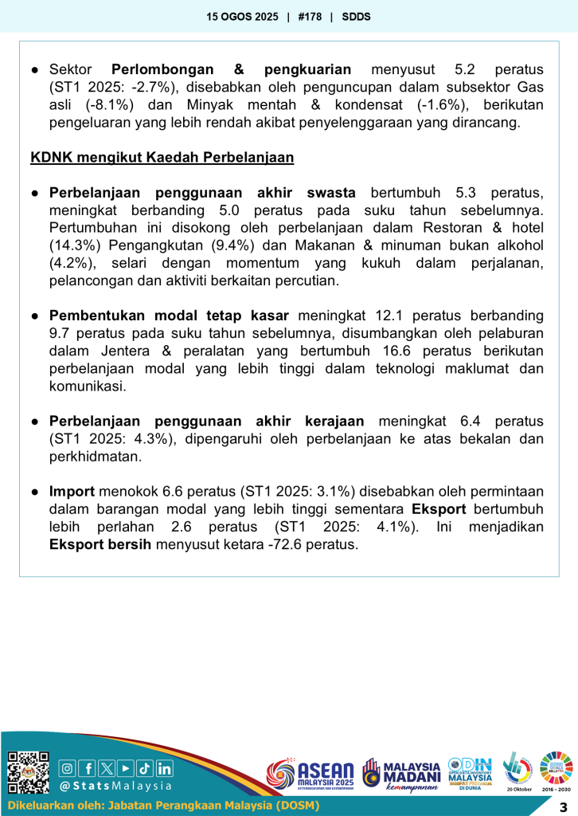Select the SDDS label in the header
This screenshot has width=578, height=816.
pyautogui.click(x=356, y=16)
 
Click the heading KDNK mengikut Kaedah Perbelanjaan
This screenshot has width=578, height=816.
pyautogui.click(x=162, y=157)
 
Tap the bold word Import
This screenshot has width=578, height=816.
pyautogui.click(x=72, y=492)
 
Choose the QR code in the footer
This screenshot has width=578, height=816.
pyautogui.click(x=28, y=772)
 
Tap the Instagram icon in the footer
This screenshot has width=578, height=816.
pyautogui.click(x=68, y=768)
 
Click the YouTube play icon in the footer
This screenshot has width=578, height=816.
pyautogui.click(x=126, y=768)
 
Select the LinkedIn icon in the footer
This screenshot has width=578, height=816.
pyautogui.click(x=164, y=768)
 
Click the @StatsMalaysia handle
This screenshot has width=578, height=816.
pyautogui.click(x=116, y=787)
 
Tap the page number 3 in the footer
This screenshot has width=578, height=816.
pyautogui.click(x=563, y=806)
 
